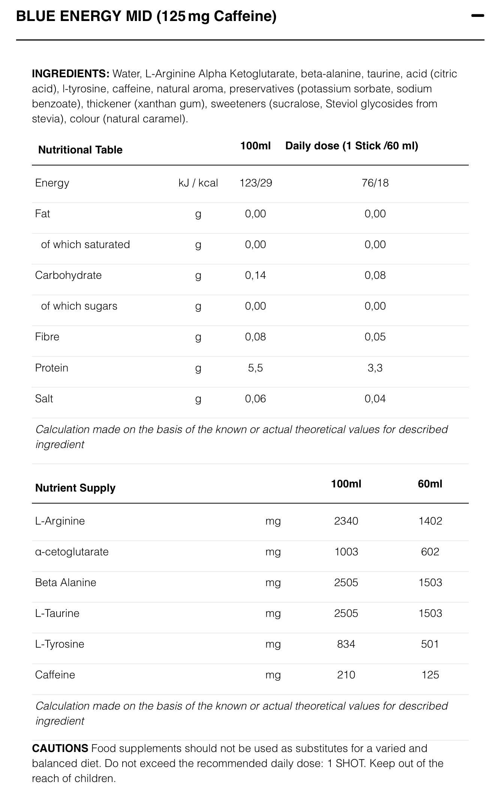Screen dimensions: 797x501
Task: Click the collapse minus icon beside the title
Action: (x=477, y=16)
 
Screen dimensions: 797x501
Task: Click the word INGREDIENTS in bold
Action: (x=70, y=74)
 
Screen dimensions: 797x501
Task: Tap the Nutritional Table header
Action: (x=80, y=150)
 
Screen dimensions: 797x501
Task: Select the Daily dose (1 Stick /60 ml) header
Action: (x=351, y=146)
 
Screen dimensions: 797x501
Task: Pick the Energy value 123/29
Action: (x=256, y=183)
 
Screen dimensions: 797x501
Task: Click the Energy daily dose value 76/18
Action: (x=375, y=183)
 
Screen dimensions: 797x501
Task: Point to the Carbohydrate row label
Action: (x=68, y=275)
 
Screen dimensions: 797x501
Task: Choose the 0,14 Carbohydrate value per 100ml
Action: (x=255, y=275)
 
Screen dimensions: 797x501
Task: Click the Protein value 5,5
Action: (x=255, y=368)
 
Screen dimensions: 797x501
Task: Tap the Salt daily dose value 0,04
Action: (x=375, y=398)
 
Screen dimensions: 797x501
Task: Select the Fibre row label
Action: (x=47, y=337)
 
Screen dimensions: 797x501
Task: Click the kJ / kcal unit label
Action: (x=198, y=183)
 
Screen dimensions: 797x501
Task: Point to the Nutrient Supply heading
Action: (x=75, y=488)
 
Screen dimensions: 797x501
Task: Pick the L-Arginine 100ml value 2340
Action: (x=346, y=521)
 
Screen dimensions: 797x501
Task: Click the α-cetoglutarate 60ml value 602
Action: (x=430, y=552)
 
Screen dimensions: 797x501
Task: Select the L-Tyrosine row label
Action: (x=60, y=644)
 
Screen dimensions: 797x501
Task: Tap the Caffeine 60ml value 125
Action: (x=430, y=675)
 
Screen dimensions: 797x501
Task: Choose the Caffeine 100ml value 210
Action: (x=346, y=675)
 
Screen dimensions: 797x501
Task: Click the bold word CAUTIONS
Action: (x=60, y=748)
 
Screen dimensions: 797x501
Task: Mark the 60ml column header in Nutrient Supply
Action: (x=430, y=484)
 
